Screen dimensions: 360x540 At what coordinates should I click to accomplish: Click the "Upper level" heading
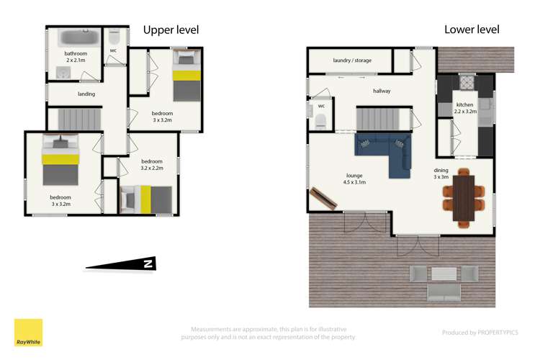[171, 30]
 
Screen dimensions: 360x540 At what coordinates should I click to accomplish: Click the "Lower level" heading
[472, 30]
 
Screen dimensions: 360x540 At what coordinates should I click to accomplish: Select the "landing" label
[86, 94]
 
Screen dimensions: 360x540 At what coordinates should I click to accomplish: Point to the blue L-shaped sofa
[385, 151]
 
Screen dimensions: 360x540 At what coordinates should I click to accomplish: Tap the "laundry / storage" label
[352, 60]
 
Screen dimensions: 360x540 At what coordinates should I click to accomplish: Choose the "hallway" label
[382, 91]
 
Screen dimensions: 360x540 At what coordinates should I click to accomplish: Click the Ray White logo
[28, 333]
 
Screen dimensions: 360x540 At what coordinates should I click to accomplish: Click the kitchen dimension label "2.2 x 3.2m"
[465, 112]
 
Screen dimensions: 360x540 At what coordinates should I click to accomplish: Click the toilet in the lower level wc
[321, 120]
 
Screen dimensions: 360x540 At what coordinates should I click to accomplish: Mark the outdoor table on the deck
[444, 274]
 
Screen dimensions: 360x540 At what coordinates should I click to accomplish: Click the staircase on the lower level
[379, 116]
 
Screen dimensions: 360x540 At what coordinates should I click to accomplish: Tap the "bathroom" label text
[76, 53]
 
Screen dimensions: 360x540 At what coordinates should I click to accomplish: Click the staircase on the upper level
[73, 117]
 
